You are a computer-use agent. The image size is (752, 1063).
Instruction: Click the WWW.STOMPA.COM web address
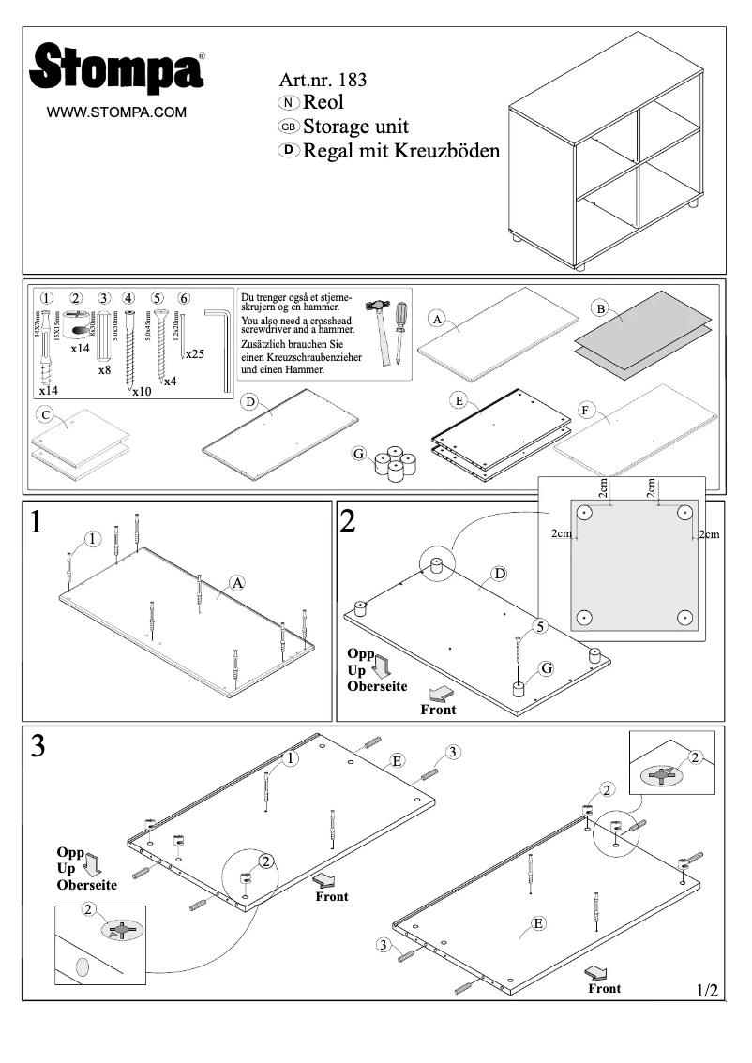[117, 112]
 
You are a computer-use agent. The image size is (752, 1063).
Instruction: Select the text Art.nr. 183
[323, 80]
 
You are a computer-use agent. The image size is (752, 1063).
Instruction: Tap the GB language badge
[289, 127]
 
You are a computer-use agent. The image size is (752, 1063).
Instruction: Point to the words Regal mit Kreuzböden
[400, 151]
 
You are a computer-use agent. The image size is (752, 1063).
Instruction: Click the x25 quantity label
[195, 354]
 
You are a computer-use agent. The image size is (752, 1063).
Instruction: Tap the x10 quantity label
[141, 391]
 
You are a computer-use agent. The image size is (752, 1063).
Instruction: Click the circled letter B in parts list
[600, 307]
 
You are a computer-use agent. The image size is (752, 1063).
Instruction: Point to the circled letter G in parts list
[358, 454]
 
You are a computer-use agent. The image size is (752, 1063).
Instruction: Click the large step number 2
[348, 521]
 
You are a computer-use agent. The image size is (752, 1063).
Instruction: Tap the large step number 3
[38, 746]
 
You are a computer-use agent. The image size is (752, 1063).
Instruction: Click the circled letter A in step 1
[237, 583]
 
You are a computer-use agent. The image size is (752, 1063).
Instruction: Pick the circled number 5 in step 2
[540, 625]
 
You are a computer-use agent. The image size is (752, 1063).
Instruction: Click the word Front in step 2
[438, 710]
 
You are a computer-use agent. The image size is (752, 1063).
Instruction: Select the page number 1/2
[707, 990]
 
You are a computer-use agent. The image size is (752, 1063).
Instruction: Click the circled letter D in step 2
[500, 573]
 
